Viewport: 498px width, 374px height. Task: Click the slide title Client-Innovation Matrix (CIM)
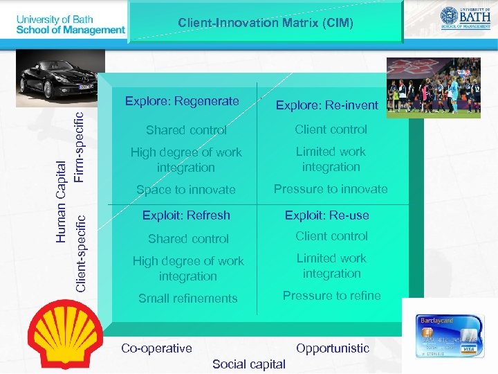pyautogui.click(x=266, y=23)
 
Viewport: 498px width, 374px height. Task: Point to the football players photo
pyautogui.click(x=433, y=86)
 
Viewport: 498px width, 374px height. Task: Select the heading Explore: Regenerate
pyautogui.click(x=182, y=102)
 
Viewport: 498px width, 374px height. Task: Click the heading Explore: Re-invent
pyautogui.click(x=327, y=105)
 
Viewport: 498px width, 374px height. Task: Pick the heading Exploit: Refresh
pyautogui.click(x=186, y=215)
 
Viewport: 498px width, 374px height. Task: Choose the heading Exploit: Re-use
pyautogui.click(x=327, y=215)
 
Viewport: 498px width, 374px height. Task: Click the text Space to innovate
pyautogui.click(x=186, y=190)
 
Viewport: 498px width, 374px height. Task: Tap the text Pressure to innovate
pyautogui.click(x=331, y=189)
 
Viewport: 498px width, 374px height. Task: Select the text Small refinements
pyautogui.click(x=187, y=299)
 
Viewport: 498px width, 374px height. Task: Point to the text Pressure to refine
pyautogui.click(x=332, y=296)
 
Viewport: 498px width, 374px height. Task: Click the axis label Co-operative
pyautogui.click(x=156, y=348)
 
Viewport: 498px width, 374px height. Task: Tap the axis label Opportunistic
pyautogui.click(x=333, y=348)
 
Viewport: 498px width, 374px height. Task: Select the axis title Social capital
pyautogui.click(x=249, y=364)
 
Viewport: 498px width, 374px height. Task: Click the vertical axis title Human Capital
pyautogui.click(x=61, y=201)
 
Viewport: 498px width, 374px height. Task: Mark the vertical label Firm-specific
pyautogui.click(x=80, y=148)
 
